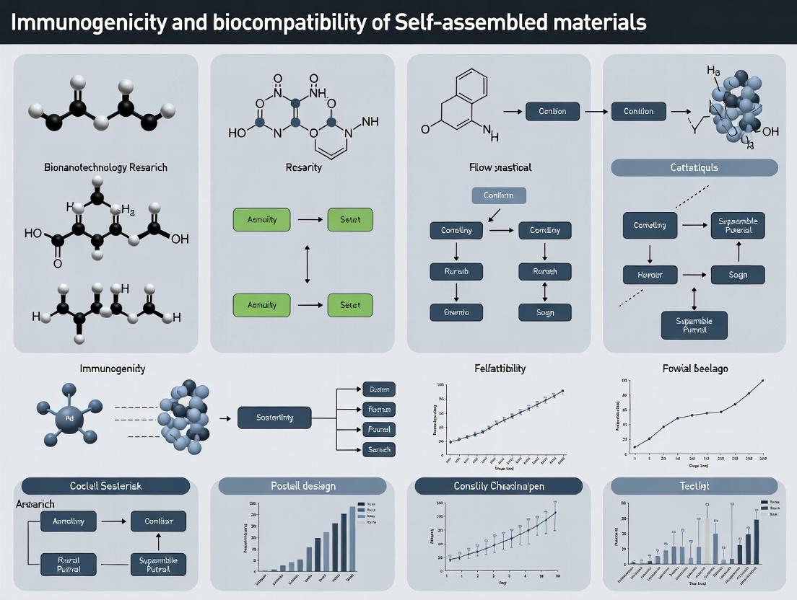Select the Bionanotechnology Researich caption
[105, 167]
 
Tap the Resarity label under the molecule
[304, 167]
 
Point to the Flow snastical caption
[500, 167]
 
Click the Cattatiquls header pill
[694, 168]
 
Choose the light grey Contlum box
[499, 195]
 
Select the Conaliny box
[456, 231]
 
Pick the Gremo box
[456, 312]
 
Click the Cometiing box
[650, 225]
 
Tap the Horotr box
[650, 275]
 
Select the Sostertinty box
[274, 418]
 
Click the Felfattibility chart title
[500, 369]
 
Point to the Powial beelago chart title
[694, 369]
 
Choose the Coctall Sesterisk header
[105, 486]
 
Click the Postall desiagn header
[302, 486]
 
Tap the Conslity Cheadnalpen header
[499, 486]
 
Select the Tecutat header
[694, 486]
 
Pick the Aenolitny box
[69, 521]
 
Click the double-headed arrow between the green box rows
[308, 263]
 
